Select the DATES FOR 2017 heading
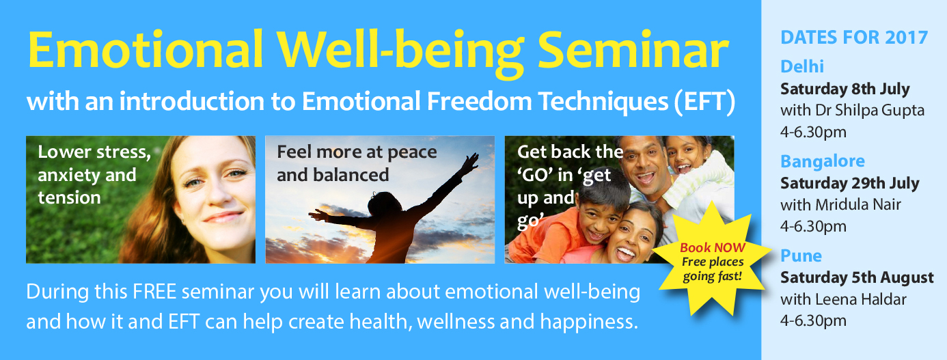click(854, 37)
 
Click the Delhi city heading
click(802, 67)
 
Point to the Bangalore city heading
click(823, 161)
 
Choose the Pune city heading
click(801, 256)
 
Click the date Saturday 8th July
click(845, 89)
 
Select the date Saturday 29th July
click(850, 184)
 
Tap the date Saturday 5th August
click(857, 278)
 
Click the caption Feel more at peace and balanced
click(356, 163)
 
